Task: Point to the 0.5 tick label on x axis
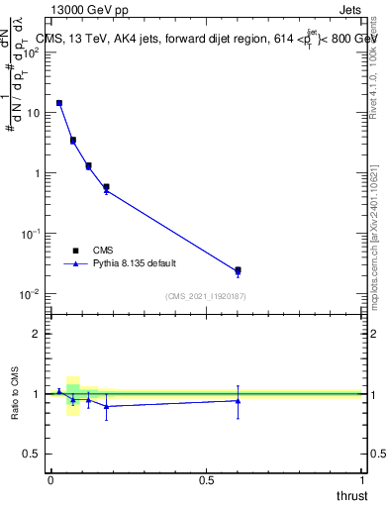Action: pos(206,480)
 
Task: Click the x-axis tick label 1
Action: pos(362,480)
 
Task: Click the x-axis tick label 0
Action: pos(50,480)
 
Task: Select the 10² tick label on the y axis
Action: pos(31,52)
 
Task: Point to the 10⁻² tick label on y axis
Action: pos(31,294)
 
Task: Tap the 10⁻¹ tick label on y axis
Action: pos(31,234)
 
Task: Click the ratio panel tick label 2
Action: pos(37,334)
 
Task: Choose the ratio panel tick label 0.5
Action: pos(33,455)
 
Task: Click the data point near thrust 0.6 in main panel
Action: pos(238,270)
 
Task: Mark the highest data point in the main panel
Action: pos(59,103)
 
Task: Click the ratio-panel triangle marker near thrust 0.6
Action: pos(238,400)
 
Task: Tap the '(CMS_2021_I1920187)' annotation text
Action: pos(206,295)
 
